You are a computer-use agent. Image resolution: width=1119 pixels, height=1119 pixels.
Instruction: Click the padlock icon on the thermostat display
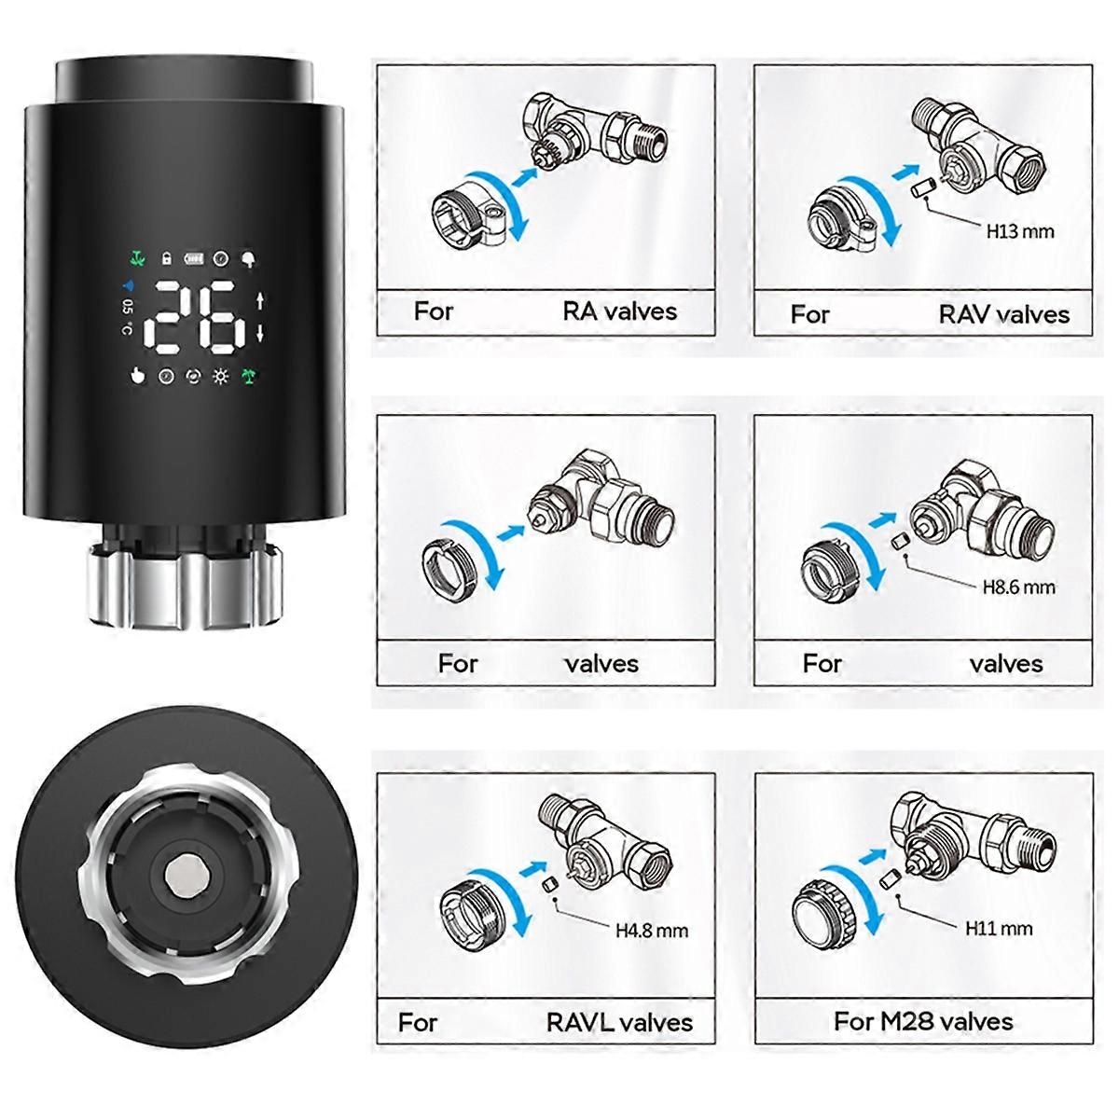tap(167, 257)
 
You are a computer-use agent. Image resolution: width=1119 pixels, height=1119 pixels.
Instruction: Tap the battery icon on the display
tap(194, 258)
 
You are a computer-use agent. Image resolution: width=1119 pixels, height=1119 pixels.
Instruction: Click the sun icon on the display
tap(220, 377)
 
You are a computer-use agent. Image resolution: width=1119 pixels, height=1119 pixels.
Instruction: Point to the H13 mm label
tap(1020, 231)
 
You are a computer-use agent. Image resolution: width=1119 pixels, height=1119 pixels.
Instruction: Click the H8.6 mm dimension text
tap(1019, 587)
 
